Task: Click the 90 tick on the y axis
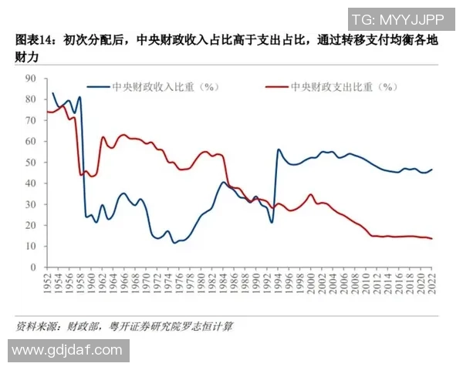(x=30, y=78)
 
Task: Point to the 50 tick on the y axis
(x=30, y=162)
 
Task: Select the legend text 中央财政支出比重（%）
(x=339, y=88)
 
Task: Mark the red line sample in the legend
(x=277, y=88)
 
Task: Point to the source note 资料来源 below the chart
(x=39, y=327)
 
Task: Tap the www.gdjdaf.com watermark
(x=66, y=350)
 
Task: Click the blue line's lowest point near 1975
(x=174, y=243)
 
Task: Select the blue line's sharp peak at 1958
(x=79, y=97)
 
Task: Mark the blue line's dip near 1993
(x=272, y=223)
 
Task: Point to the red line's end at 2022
(x=431, y=238)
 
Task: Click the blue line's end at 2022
(x=431, y=170)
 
